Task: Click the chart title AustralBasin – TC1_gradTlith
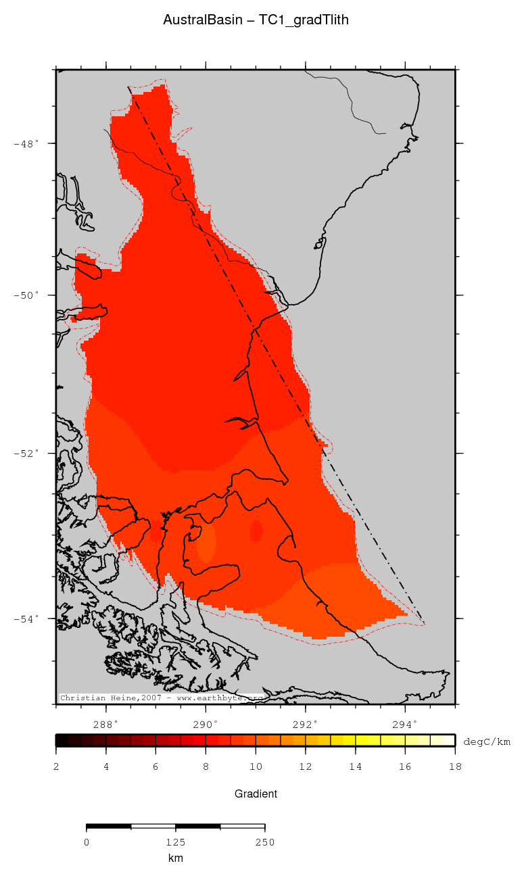[x=256, y=20]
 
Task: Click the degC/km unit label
[x=487, y=741]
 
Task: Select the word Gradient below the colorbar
[x=256, y=794]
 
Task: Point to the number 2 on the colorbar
[x=55, y=766]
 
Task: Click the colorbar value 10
[x=256, y=766]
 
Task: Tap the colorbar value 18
[x=454, y=766]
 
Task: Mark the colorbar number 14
[x=355, y=766]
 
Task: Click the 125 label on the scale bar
[x=175, y=842]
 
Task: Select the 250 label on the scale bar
[x=264, y=842]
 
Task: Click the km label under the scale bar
[x=175, y=858]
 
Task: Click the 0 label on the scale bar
[x=87, y=842]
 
